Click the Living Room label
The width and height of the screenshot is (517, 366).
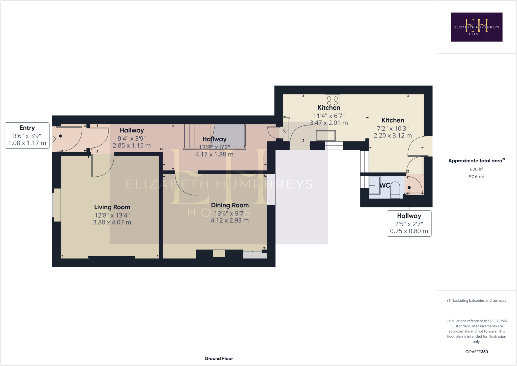(x=112, y=207)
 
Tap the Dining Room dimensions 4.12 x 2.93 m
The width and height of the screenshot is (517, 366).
(x=230, y=221)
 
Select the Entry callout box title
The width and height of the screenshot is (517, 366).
(x=27, y=128)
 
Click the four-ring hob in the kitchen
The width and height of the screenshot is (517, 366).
(x=332, y=101)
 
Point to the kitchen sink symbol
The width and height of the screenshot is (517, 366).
(x=326, y=136)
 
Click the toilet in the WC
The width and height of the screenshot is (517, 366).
(x=395, y=190)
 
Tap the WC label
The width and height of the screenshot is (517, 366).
(x=385, y=185)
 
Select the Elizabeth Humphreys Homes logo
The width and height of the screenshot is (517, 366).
(x=476, y=27)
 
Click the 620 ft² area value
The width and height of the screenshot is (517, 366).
(x=476, y=169)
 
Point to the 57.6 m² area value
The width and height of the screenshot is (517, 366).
(x=476, y=177)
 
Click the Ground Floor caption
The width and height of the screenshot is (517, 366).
(x=219, y=358)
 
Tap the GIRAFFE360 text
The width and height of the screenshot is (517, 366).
(x=476, y=352)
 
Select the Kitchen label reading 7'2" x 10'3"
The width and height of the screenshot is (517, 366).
(x=393, y=120)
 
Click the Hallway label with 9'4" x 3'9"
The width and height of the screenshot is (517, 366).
(x=132, y=131)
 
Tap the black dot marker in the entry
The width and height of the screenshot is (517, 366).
(x=61, y=136)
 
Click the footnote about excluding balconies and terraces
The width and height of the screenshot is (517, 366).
(x=476, y=300)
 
